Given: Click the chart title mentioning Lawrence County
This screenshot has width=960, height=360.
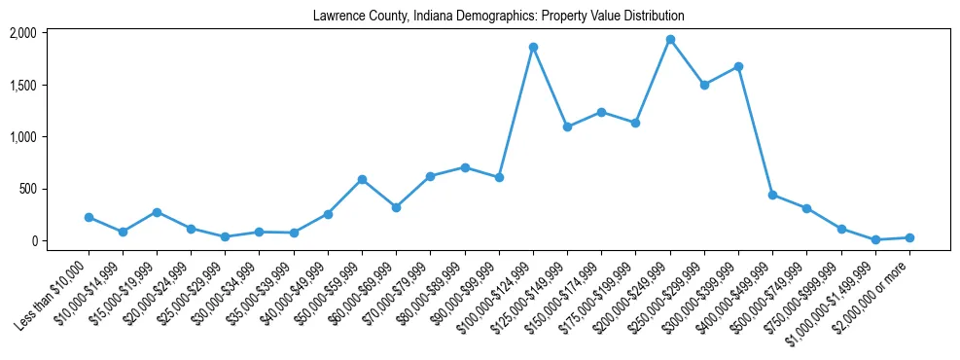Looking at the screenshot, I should click(498, 17).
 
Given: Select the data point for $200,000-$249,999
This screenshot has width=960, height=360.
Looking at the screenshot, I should click(670, 40).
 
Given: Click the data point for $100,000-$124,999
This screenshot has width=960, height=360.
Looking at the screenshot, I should click(533, 47).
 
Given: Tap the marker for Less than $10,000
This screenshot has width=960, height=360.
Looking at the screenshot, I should click(89, 217).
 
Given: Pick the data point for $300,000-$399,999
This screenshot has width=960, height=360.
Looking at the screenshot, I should click(738, 66).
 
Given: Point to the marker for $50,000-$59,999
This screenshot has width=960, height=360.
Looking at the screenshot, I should click(362, 179).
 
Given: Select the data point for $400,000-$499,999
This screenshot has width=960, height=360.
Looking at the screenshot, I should click(772, 195).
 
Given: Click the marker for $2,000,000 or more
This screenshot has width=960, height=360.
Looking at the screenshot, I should click(909, 237).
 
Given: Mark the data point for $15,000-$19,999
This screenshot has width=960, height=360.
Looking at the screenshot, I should click(157, 212).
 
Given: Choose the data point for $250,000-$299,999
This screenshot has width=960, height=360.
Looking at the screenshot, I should click(704, 85).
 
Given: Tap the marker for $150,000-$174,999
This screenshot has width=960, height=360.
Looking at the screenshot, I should click(601, 112).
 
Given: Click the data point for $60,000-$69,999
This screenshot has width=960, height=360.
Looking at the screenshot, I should click(396, 207).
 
